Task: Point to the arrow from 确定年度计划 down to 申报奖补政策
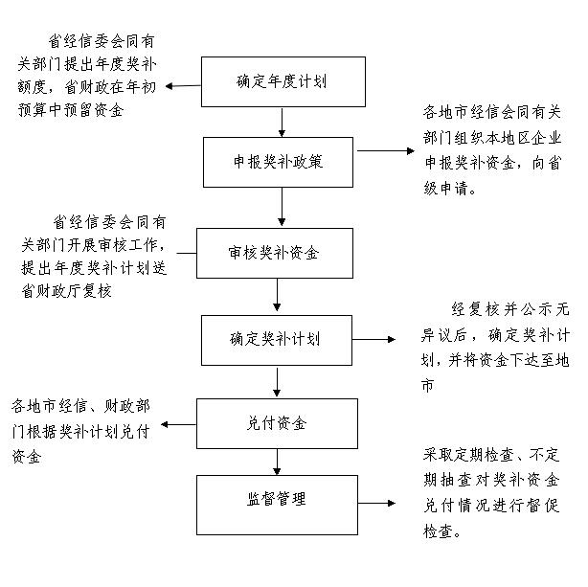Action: point(282,123)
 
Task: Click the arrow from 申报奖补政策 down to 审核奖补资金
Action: point(282,207)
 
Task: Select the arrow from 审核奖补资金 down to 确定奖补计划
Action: point(277,295)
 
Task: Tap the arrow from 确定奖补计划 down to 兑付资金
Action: point(277,382)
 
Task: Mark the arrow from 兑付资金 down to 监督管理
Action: point(277,462)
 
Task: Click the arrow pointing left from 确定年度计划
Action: point(183,86)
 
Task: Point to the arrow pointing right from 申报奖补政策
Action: point(386,150)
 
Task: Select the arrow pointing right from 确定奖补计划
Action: point(373,339)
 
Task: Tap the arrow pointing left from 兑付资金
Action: point(178,424)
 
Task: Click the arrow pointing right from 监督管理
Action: point(376,503)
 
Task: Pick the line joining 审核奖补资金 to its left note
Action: point(187,253)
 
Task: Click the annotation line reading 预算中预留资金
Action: point(71,110)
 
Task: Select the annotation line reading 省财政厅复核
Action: point(66,291)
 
